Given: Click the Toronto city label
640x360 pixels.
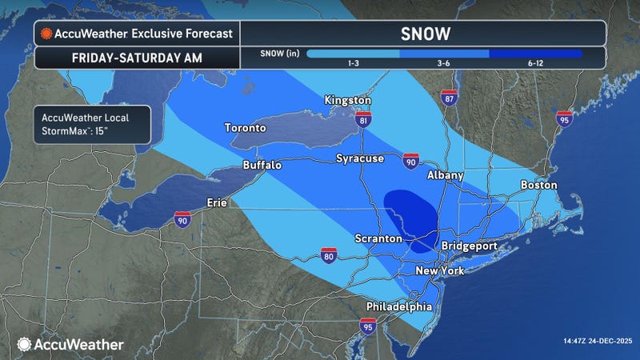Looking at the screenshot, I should [x=246, y=128].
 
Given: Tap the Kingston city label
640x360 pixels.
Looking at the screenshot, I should [x=348, y=100].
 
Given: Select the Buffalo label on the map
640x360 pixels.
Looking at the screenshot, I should [x=262, y=165].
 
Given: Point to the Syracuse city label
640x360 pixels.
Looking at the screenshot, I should [x=360, y=158].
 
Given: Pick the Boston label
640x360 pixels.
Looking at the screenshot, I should [x=539, y=185].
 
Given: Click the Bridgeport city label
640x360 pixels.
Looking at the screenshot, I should [x=469, y=246].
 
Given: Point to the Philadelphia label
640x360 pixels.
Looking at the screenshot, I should [x=399, y=307].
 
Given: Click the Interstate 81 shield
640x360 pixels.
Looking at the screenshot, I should [x=364, y=122].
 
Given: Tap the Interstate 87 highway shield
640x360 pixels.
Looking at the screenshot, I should [x=449, y=98].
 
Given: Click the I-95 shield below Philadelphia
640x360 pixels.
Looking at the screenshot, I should [x=367, y=326].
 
